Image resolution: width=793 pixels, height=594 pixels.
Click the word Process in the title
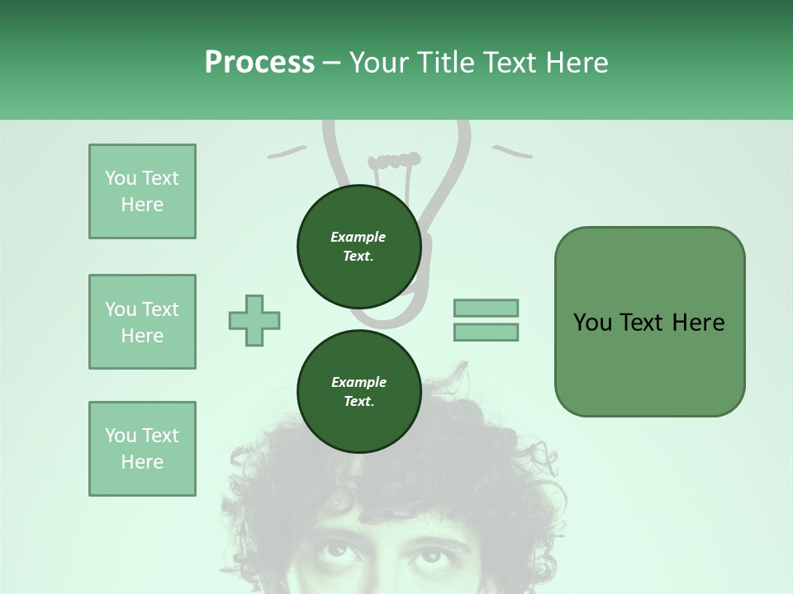pyautogui.click(x=259, y=63)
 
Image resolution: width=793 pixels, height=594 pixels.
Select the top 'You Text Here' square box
pyautogui.click(x=142, y=191)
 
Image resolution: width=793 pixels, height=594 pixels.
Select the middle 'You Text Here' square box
pyautogui.click(x=142, y=322)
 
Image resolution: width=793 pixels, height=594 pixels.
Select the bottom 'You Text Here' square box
pyautogui.click(x=142, y=449)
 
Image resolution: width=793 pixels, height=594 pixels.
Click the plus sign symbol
pyautogui.click(x=254, y=320)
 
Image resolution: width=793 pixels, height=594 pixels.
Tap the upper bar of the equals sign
pyautogui.click(x=486, y=308)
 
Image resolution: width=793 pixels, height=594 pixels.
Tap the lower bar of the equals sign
pyautogui.click(x=486, y=332)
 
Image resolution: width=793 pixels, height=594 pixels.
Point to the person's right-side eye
pyautogui.click(x=430, y=553)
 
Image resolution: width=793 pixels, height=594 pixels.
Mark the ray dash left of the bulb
pyautogui.click(x=287, y=152)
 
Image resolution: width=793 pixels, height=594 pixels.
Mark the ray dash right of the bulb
pyautogui.click(x=512, y=151)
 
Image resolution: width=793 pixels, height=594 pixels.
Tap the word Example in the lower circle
pyautogui.click(x=359, y=382)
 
